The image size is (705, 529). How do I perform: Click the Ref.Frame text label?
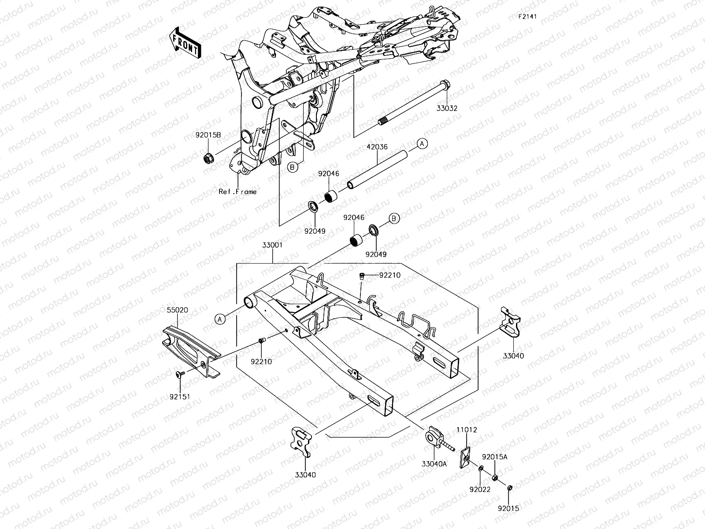(x=237, y=192)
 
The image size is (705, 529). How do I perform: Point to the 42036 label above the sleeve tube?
(x=377, y=147)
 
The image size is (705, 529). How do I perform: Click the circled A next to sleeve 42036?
(x=422, y=144)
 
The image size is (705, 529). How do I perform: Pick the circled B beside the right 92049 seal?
(x=394, y=218)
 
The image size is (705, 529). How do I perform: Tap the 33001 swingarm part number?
(x=272, y=245)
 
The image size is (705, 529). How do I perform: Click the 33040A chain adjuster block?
(x=433, y=436)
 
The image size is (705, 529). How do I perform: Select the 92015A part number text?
(x=494, y=457)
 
